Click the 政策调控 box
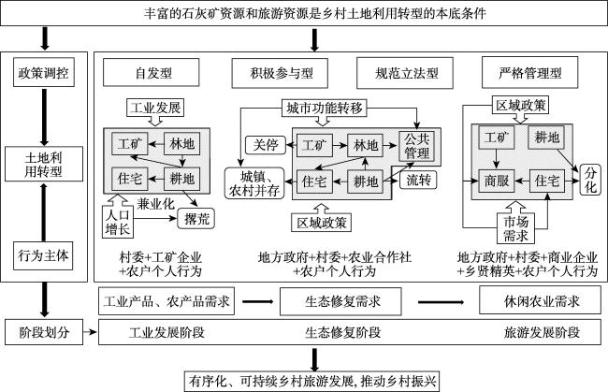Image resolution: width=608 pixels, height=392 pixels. (45, 73)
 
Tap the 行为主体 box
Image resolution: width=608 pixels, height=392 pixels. (45, 254)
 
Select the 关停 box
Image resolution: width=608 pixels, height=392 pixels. (259, 145)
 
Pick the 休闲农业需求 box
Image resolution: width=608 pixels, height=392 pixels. (533, 302)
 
